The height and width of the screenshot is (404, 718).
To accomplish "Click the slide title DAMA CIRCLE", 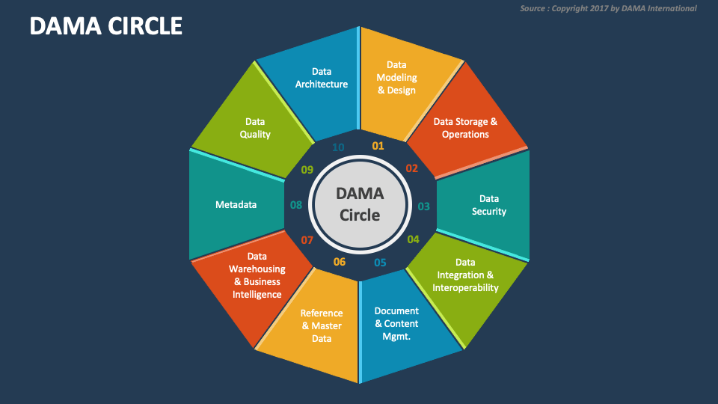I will pyautogui.click(x=106, y=26).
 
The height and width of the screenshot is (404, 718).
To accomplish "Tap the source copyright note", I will pyautogui.click(x=608, y=8).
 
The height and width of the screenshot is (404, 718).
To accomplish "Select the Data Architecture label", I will pyautogui.click(x=322, y=78).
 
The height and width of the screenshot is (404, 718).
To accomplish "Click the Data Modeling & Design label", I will pyautogui.click(x=396, y=78).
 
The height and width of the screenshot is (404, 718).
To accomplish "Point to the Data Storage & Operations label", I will pyautogui.click(x=465, y=128).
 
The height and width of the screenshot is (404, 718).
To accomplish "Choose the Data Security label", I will pyautogui.click(x=489, y=205).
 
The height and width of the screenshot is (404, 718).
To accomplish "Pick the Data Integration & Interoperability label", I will pyautogui.click(x=465, y=275).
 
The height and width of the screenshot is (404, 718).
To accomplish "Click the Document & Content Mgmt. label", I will pyautogui.click(x=396, y=323).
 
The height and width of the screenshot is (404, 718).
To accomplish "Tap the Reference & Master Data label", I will pyautogui.click(x=322, y=325).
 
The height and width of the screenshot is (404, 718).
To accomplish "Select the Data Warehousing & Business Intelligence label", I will pyautogui.click(x=257, y=275).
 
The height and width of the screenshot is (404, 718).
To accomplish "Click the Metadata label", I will pyautogui.click(x=236, y=204).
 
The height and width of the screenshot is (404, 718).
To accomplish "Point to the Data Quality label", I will pyautogui.click(x=255, y=128).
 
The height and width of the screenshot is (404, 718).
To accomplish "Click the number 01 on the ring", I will pyautogui.click(x=378, y=146).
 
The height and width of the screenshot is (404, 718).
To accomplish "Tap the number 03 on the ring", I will pyautogui.click(x=423, y=206).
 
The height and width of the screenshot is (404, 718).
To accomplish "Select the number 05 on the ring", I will pyautogui.click(x=380, y=263).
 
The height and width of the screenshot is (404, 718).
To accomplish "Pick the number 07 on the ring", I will pyautogui.click(x=307, y=240).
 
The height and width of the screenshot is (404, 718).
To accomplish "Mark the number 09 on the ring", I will pyautogui.click(x=307, y=170).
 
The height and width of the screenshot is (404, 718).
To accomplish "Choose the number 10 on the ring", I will pyautogui.click(x=338, y=147).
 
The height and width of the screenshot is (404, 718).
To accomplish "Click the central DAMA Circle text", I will pyautogui.click(x=360, y=204).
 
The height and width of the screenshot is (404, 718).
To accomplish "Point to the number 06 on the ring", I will pyautogui.click(x=340, y=262).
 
